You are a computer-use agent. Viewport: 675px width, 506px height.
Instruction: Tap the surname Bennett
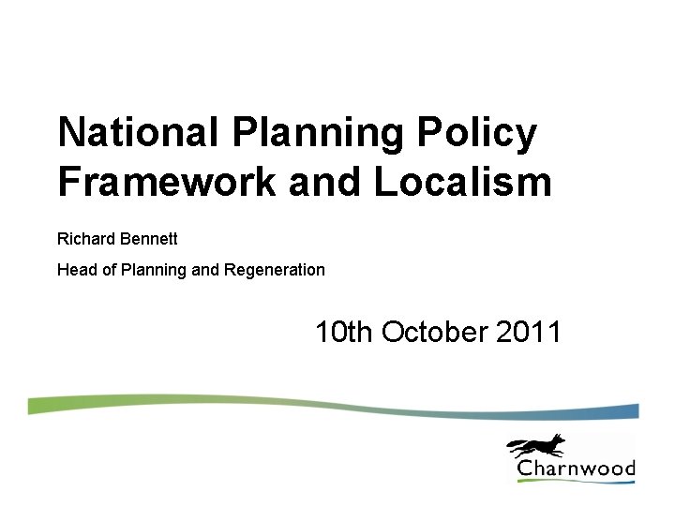[149, 239]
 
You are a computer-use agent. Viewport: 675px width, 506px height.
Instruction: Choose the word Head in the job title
[75, 270]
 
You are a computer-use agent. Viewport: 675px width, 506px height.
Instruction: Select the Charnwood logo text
[576, 469]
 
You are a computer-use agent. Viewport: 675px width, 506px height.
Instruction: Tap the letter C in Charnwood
[526, 469]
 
